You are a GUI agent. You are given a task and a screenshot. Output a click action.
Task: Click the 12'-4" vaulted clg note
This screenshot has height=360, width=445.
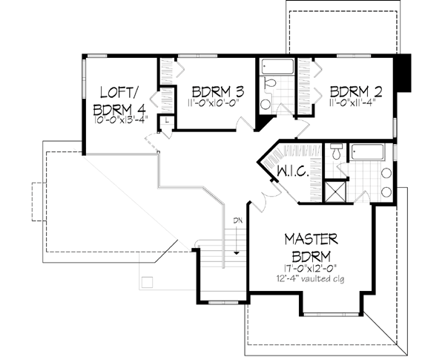pos(311,280)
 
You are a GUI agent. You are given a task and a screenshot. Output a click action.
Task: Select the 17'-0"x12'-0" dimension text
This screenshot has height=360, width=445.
pos(311,269)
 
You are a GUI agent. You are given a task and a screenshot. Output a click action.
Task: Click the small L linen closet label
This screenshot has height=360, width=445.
pos(168,119)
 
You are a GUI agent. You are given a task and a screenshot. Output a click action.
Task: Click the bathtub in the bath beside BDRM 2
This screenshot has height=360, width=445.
pos(277,67)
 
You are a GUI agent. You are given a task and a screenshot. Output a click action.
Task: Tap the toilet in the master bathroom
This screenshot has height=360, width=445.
pos(337,154)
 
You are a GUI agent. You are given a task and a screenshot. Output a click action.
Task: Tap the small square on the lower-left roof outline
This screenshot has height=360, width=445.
pos(147,281)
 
